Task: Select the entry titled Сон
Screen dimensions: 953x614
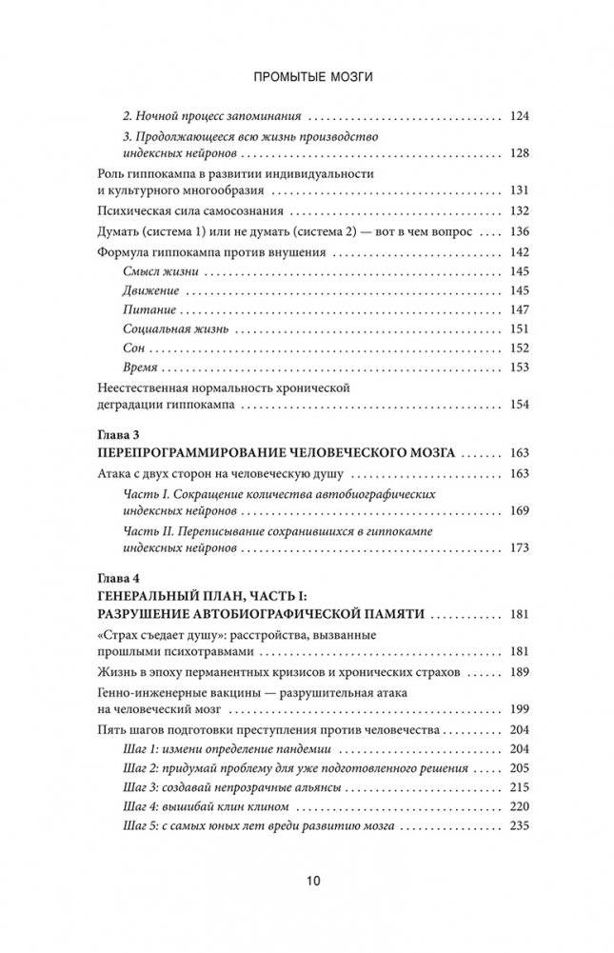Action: pos(134,347)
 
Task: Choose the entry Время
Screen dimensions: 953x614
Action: pos(141,367)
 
